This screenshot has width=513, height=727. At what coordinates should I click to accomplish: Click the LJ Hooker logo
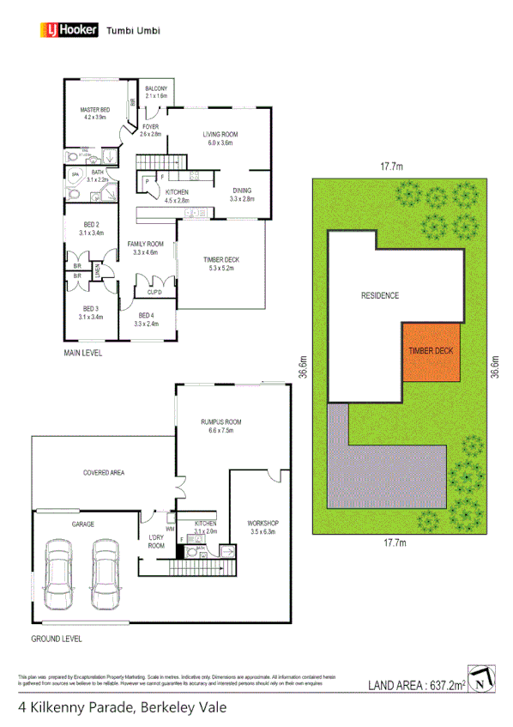click(69, 31)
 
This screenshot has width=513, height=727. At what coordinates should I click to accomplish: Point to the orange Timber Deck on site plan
click(432, 351)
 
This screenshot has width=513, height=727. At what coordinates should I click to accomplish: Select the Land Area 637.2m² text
click(416, 685)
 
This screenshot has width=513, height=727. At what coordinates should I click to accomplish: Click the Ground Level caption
click(56, 639)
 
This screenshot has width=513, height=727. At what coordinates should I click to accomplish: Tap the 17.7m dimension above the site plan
click(394, 168)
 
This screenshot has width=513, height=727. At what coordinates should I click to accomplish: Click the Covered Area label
click(104, 472)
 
